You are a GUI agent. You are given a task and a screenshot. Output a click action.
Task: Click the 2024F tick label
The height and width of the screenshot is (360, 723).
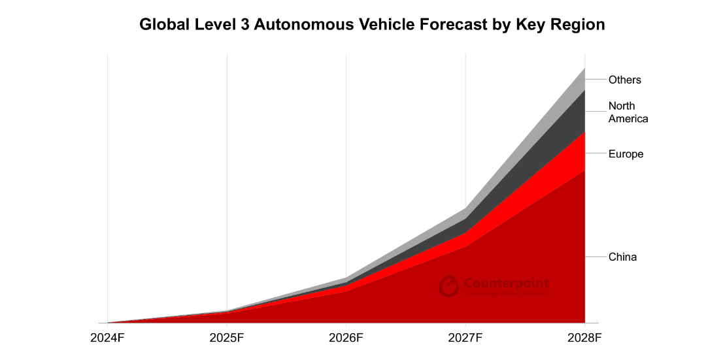(x=107, y=338)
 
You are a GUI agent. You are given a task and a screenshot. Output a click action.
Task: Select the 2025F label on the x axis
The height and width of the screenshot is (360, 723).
(x=227, y=338)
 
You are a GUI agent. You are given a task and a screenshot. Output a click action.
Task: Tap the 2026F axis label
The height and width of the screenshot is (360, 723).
(x=346, y=338)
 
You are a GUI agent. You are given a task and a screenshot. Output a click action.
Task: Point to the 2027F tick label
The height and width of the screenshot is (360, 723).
(x=465, y=338)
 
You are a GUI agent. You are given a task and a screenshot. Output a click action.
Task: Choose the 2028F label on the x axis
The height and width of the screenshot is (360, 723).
(x=584, y=338)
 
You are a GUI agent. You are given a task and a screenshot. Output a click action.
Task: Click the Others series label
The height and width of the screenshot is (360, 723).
(x=624, y=80)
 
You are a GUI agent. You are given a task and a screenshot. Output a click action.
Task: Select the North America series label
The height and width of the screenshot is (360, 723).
(x=628, y=112)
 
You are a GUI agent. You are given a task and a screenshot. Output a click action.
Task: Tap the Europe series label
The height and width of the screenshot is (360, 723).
(x=626, y=154)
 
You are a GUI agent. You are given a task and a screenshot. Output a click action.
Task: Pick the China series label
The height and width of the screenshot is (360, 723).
(x=622, y=257)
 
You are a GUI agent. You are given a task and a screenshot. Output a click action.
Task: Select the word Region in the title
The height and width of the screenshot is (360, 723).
(x=579, y=25)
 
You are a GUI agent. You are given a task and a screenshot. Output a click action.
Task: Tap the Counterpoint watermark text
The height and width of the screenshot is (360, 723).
(x=506, y=284)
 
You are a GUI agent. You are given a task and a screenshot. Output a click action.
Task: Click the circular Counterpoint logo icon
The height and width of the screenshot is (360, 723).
(x=449, y=286)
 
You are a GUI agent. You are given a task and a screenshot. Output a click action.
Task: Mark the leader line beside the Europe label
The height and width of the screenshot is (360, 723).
(x=595, y=153)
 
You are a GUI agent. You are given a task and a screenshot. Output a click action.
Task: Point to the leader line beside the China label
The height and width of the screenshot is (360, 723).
(x=595, y=257)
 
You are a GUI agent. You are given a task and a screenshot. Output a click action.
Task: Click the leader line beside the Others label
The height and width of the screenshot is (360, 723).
(x=595, y=79)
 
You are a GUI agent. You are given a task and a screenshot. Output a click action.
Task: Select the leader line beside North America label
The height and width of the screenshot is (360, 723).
(x=595, y=111)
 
